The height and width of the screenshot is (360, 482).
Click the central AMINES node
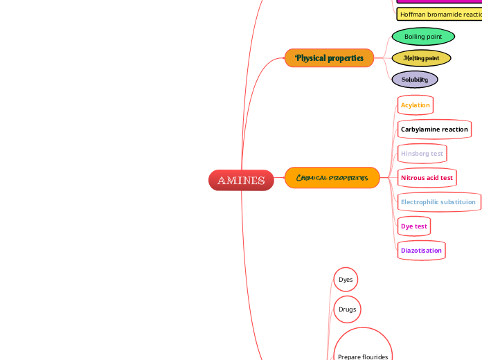tap(241, 180)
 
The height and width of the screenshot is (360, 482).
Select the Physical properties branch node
tap(329, 58)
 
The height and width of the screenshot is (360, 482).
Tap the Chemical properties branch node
tap(332, 178)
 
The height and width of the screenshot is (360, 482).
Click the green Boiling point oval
tap(423, 36)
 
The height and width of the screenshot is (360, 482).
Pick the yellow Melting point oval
tap(421, 58)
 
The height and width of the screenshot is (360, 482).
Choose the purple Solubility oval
tap(415, 80)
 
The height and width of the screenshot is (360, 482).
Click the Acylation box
tap(416, 105)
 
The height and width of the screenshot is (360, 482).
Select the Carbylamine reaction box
tap(434, 129)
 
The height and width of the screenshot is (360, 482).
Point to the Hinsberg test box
tap(422, 153)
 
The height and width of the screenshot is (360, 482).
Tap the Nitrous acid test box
tap(427, 178)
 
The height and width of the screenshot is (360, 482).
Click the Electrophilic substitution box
tap(438, 202)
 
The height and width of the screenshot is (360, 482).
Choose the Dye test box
tap(414, 226)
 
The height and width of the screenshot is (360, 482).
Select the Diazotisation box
tap(421, 250)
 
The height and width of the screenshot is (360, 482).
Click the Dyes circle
tap(346, 280)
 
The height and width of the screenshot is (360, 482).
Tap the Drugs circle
tap(347, 309)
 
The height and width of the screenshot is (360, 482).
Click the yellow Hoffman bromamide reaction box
tap(439, 14)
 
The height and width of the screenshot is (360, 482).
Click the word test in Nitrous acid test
tap(446, 178)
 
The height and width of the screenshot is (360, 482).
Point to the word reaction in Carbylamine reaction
tap(454, 129)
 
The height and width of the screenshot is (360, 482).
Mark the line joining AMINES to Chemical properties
tap(279, 179)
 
